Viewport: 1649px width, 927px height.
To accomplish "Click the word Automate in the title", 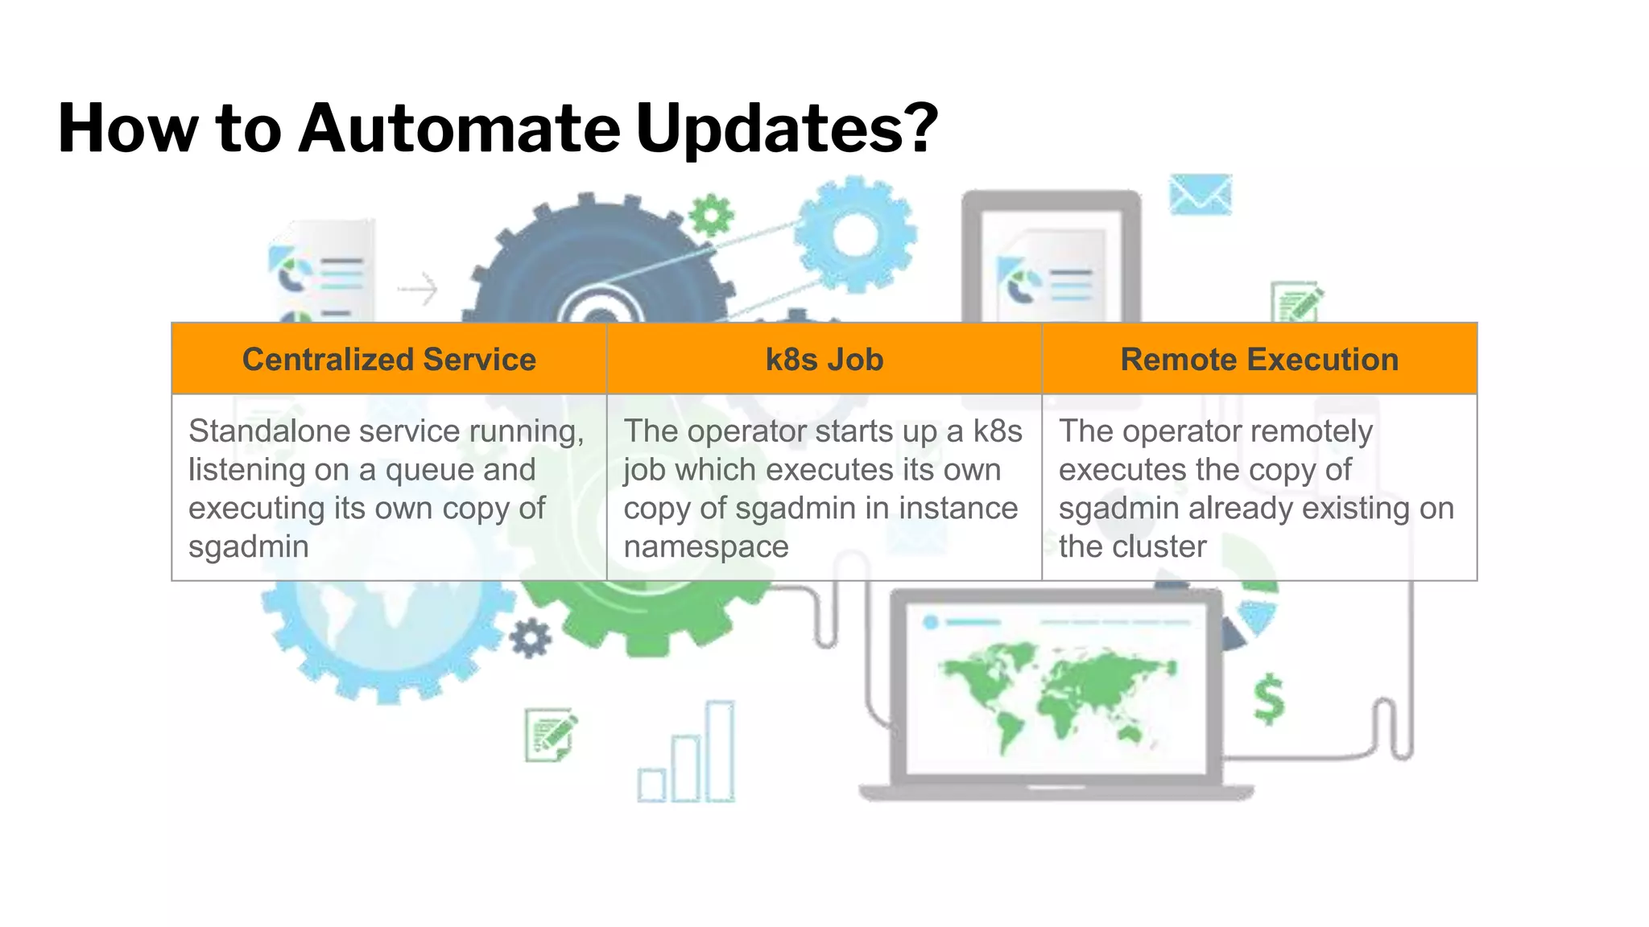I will pos(459,129).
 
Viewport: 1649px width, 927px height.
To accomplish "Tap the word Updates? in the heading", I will pos(787,129).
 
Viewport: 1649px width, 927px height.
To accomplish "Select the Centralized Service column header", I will pos(389,360).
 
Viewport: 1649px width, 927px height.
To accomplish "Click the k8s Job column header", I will pos(824,360).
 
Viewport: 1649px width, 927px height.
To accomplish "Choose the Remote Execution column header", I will pos(1259,360).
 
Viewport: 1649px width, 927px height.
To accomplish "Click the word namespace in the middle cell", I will pos(706,547).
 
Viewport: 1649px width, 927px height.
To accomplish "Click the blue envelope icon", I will pos(1200,195).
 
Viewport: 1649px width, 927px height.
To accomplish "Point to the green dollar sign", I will pos(1269,698).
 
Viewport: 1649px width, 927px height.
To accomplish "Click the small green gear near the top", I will pos(712,215).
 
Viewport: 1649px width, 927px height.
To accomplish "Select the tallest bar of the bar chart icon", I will pos(720,751).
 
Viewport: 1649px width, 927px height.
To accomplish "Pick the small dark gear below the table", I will pos(531,638).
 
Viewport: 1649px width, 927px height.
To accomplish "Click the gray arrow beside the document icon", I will pos(419,289).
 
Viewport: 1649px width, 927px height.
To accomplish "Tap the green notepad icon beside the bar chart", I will pos(551,734).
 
